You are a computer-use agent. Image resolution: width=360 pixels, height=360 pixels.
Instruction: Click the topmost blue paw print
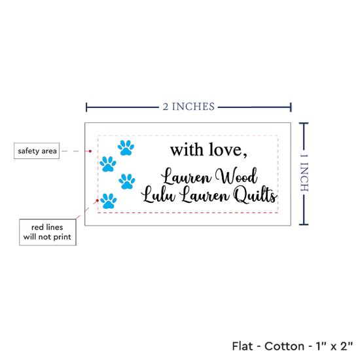(x=126, y=148)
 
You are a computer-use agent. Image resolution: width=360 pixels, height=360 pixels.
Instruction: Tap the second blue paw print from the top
(x=108, y=164)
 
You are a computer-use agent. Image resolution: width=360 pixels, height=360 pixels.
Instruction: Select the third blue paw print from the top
(x=127, y=181)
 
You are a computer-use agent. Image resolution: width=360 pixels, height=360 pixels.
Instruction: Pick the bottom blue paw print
(x=109, y=201)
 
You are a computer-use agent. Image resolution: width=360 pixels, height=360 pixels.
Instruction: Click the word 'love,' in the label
(x=228, y=150)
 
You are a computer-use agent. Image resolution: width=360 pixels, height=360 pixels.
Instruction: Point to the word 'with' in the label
(x=187, y=150)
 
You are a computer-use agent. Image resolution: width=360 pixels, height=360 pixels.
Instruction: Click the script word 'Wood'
(x=236, y=176)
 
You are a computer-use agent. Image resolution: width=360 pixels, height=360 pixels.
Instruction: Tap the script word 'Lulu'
(x=158, y=194)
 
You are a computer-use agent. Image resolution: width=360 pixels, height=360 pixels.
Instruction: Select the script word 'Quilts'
(x=255, y=194)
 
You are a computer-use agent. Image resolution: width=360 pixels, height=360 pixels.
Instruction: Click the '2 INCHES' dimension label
(x=189, y=107)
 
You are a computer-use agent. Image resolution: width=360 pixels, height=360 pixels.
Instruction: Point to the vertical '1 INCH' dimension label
(x=304, y=173)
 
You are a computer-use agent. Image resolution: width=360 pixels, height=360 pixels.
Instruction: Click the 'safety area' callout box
(x=37, y=151)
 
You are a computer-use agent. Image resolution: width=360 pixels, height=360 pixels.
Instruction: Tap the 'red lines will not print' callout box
(x=48, y=232)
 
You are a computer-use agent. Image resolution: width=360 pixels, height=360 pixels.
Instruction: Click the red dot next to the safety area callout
(x=90, y=151)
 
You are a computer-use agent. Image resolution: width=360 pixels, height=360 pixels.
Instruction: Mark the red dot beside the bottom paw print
(x=98, y=200)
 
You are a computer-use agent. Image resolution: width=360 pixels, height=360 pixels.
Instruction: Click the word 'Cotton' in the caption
(x=284, y=346)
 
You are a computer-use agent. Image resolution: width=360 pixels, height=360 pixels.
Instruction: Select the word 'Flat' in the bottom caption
(x=242, y=346)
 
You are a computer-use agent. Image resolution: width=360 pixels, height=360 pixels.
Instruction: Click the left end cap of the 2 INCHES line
(x=86, y=107)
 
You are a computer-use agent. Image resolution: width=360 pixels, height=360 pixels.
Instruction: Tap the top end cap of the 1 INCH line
(x=304, y=123)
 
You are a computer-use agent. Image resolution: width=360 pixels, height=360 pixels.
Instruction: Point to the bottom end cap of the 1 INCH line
(x=304, y=225)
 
